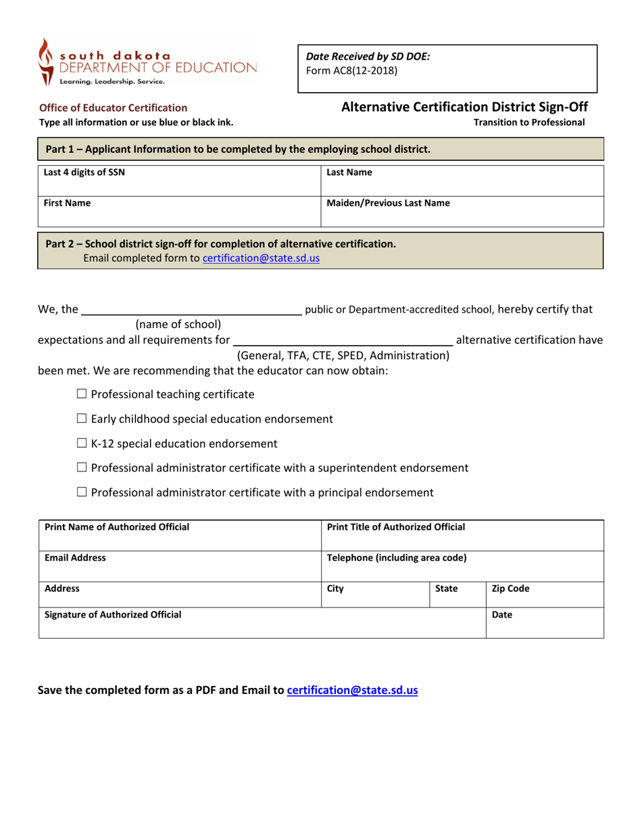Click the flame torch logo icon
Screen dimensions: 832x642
45,62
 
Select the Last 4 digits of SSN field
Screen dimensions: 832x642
178,180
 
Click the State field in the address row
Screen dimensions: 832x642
456,594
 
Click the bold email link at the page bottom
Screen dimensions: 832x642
352,691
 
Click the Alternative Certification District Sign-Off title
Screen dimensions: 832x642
464,107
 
